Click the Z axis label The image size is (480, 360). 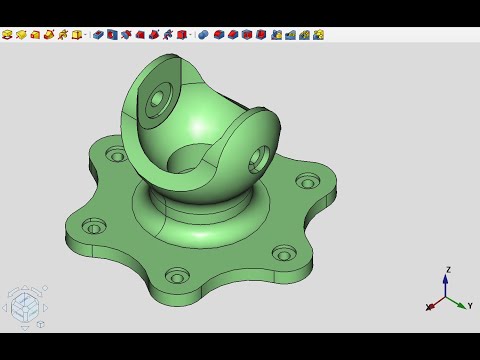(448, 270)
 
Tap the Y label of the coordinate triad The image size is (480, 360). (470, 305)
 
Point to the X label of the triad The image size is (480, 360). (429, 307)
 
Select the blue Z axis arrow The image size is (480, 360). (445, 285)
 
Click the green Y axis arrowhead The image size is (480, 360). (462, 305)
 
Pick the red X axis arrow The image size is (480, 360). (437, 302)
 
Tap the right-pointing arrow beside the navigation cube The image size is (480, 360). (46, 308)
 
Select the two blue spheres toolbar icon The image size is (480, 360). (203, 35)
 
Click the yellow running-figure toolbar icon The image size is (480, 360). (63, 35)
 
